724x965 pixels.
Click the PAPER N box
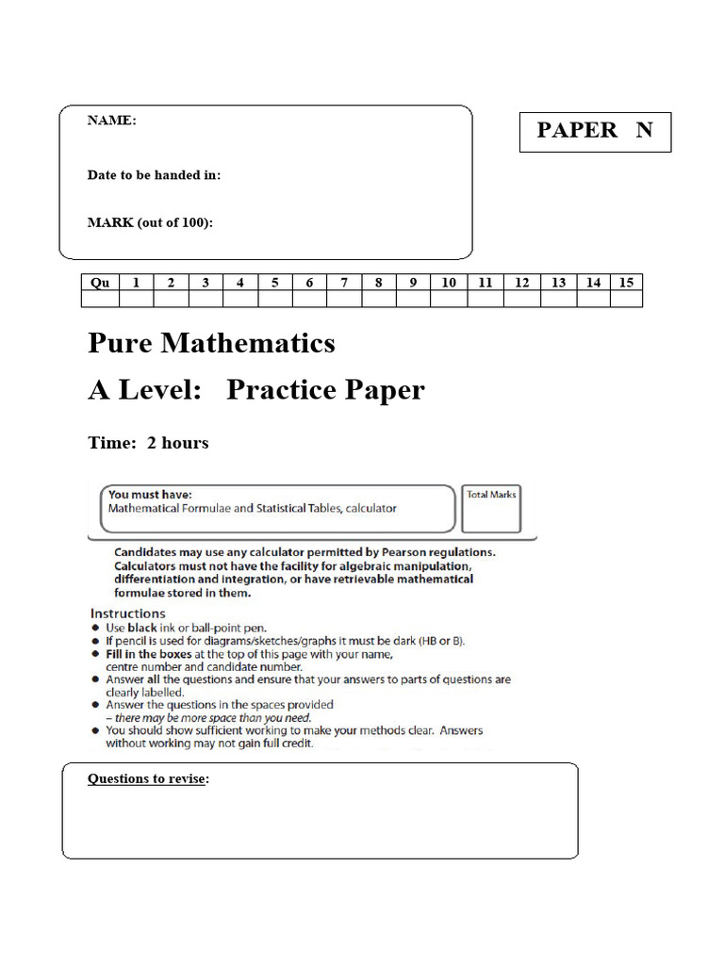point(595,131)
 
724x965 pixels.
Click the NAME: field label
point(111,121)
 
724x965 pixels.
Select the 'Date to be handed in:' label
point(154,175)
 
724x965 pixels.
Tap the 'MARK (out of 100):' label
point(150,222)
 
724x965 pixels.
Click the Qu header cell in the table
point(100,282)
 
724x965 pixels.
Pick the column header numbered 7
point(344,282)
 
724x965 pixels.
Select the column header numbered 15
point(626,282)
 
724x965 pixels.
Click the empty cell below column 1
point(137,299)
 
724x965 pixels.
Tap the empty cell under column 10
point(449,299)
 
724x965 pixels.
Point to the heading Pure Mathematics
point(211,343)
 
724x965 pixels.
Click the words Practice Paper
point(325,390)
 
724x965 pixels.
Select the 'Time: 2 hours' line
point(148,443)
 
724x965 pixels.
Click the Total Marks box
point(492,510)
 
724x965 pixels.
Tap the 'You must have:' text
point(150,494)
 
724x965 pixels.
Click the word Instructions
point(127,613)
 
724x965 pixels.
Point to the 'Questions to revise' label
point(148,778)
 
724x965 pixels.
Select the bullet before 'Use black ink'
point(96,628)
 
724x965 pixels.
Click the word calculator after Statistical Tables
point(370,508)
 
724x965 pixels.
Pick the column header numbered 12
point(520,282)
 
